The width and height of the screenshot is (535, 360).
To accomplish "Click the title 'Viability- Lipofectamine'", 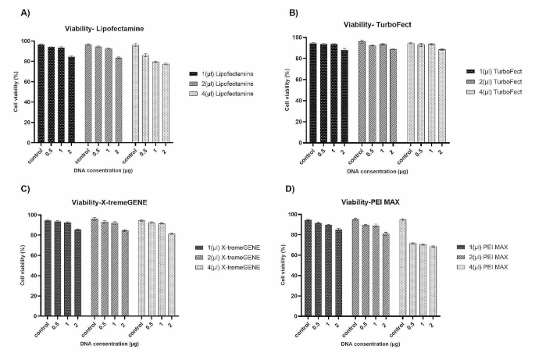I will click(x=109, y=29).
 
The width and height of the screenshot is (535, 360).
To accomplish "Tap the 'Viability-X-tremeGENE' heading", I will click(x=109, y=202).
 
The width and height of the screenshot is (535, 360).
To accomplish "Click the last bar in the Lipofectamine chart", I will click(x=166, y=101).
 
